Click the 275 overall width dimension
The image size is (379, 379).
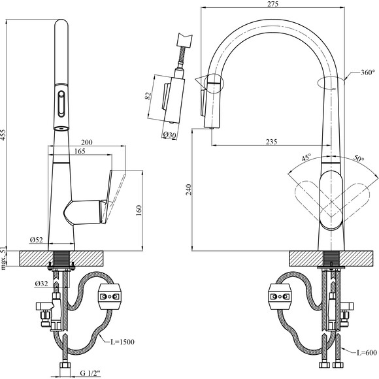coord(273,4)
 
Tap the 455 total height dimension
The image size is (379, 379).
coord(3,135)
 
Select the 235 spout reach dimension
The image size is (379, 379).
coord(271,142)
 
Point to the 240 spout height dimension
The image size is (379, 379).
coord(189,190)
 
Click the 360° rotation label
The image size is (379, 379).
coord(368,73)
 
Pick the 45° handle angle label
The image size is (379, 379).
coord(306,157)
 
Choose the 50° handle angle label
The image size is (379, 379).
coord(359,158)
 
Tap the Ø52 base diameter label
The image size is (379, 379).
coord(36,240)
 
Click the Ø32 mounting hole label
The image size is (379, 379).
coord(41,284)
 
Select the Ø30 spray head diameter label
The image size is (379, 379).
coord(169,135)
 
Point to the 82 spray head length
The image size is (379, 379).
coord(149,95)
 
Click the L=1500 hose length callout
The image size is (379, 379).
coord(122,342)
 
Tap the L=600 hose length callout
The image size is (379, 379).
coord(367,353)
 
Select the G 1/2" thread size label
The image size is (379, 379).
coord(90,373)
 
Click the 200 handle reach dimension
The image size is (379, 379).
coord(86,142)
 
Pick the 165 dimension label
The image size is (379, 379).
coord(80,152)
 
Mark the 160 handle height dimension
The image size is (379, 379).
coord(139,211)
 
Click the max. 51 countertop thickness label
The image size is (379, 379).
coord(3,258)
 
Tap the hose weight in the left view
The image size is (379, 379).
coord(109,297)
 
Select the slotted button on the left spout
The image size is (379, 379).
coord(61,104)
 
